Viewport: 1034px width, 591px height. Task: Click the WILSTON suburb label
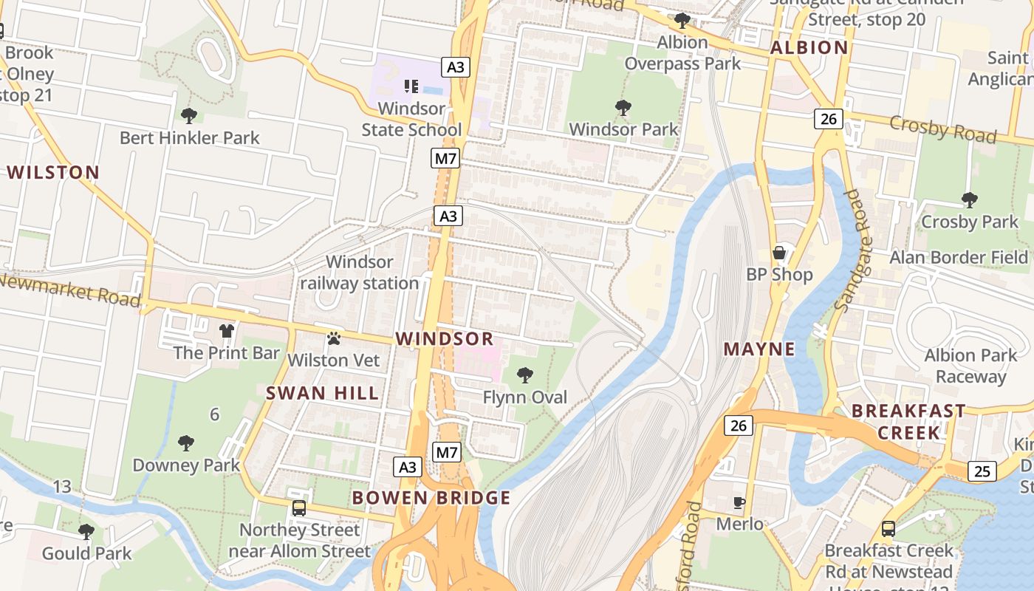[x=53, y=173]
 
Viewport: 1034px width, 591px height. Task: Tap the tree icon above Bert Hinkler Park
[x=189, y=115]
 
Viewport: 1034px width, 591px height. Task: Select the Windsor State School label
[x=411, y=119]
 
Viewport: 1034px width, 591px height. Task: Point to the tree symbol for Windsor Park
[x=623, y=108]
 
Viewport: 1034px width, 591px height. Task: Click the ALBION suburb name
[x=809, y=48]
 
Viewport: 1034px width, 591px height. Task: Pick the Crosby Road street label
[x=942, y=129]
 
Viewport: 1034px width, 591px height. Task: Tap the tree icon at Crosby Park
[x=969, y=199]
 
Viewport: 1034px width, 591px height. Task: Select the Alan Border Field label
[x=959, y=258]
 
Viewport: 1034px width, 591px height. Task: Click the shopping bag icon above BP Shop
[x=779, y=253]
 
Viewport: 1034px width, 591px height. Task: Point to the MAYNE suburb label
[x=759, y=349]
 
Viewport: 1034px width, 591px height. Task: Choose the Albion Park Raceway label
[x=970, y=366]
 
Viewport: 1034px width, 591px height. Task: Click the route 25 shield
[x=981, y=471]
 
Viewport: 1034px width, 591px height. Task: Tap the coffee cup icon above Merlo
[x=739, y=503]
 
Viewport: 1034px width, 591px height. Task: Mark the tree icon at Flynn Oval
[x=525, y=375]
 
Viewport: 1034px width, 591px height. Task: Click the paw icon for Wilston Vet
[x=334, y=338]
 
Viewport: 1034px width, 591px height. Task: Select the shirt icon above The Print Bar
[x=226, y=330]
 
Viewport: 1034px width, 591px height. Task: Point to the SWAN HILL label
[x=323, y=393]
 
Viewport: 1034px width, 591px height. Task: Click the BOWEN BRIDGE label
[x=431, y=498]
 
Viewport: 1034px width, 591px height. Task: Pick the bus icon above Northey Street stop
[x=299, y=508]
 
